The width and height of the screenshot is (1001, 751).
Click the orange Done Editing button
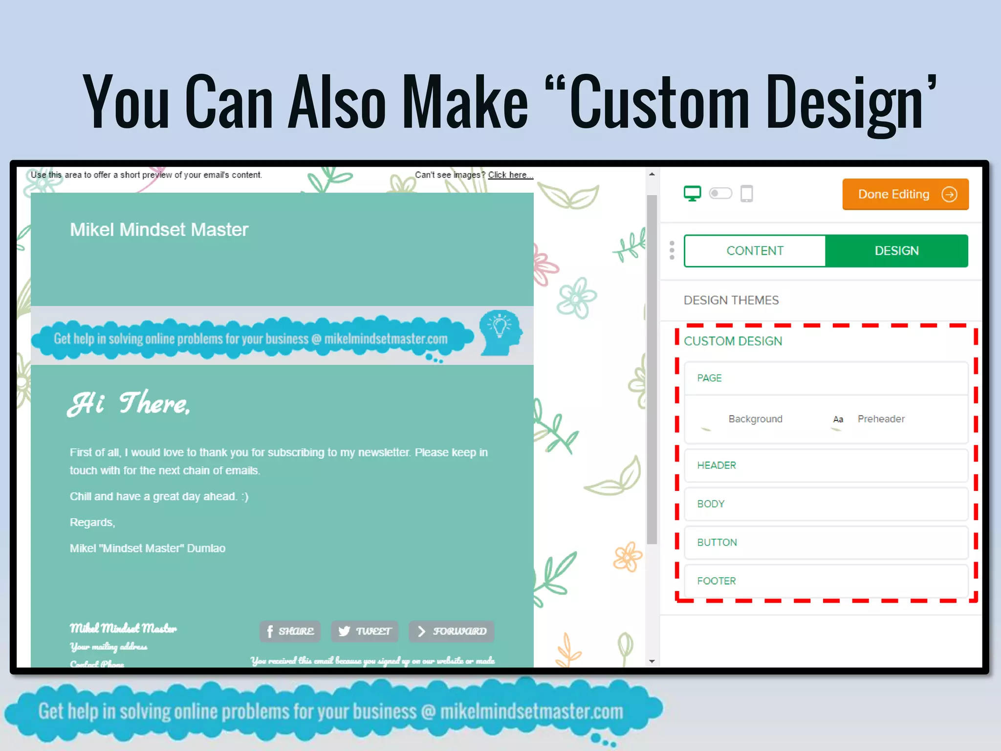(x=905, y=194)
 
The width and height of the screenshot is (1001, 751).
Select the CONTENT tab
(x=755, y=251)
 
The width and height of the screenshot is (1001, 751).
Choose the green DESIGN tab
(x=896, y=251)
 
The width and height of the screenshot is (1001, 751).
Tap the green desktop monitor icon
(x=692, y=194)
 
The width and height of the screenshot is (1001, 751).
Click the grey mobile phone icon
(x=746, y=194)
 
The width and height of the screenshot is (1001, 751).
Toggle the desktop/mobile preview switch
(x=720, y=194)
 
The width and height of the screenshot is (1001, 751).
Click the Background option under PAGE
(x=755, y=419)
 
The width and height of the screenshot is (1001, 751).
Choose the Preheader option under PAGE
(x=880, y=419)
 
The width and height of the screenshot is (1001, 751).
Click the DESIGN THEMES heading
(x=731, y=300)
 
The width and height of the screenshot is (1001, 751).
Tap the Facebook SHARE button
(x=290, y=631)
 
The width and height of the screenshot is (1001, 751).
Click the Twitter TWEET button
(x=365, y=631)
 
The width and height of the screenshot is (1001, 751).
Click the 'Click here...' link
(x=510, y=175)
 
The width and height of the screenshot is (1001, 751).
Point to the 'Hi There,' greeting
(x=129, y=403)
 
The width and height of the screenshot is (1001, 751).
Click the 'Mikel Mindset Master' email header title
(x=159, y=230)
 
